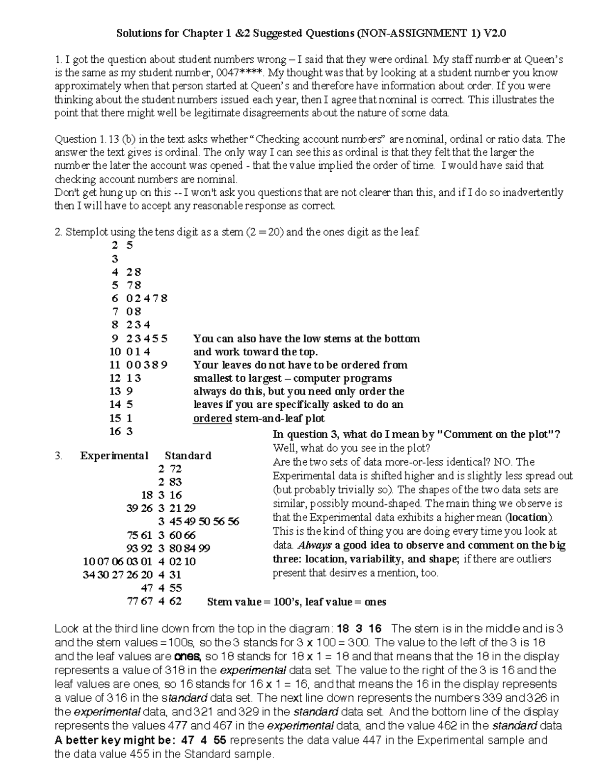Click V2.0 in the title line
[495, 33]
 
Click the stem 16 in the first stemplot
[115, 431]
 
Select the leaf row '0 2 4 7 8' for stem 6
[147, 298]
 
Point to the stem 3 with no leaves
[115, 259]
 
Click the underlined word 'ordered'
[213, 419]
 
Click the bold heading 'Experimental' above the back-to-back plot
[114, 455]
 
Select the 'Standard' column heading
[188, 455]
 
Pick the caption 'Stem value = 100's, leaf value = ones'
[296, 602]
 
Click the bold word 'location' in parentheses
[528, 517]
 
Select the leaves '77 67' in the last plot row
[140, 601]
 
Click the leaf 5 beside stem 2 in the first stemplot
[130, 245]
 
